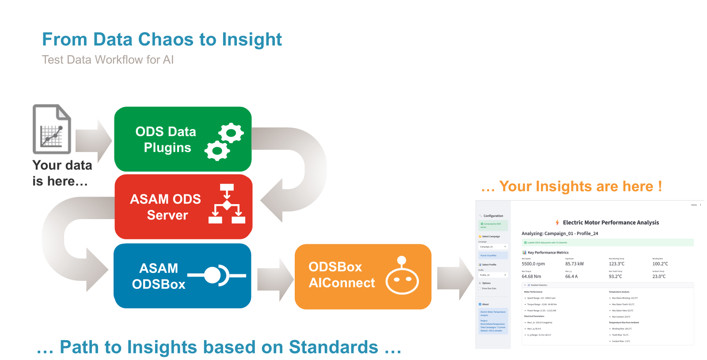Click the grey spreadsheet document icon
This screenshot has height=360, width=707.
pos(52,129)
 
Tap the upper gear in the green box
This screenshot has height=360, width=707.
pos(231,133)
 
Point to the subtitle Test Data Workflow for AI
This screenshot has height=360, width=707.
pos(108,60)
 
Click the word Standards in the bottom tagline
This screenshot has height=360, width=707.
pos(334,347)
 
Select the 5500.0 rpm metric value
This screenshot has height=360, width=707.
pos(533,264)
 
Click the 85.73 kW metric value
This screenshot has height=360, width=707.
pos(574,264)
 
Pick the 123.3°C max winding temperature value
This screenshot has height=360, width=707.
pos(616,264)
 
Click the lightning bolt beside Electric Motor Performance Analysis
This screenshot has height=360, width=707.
pos(557,223)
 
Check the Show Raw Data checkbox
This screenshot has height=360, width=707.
pos(480,288)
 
